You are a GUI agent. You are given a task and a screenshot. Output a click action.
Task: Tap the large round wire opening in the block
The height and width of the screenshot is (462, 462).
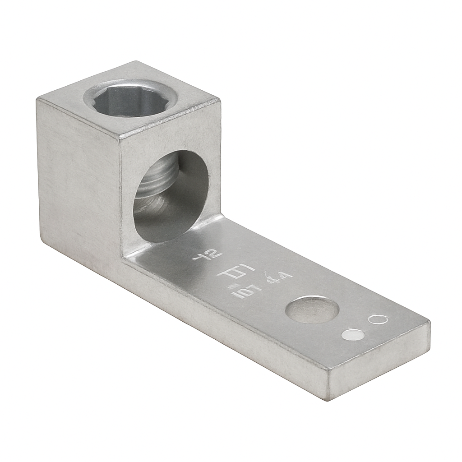point(171,196)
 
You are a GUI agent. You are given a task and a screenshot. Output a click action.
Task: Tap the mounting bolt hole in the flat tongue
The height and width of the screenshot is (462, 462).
point(313,310)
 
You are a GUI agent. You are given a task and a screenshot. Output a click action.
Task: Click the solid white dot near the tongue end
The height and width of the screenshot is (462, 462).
point(353,335)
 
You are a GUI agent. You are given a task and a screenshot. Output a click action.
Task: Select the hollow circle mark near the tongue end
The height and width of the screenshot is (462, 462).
point(377,319)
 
